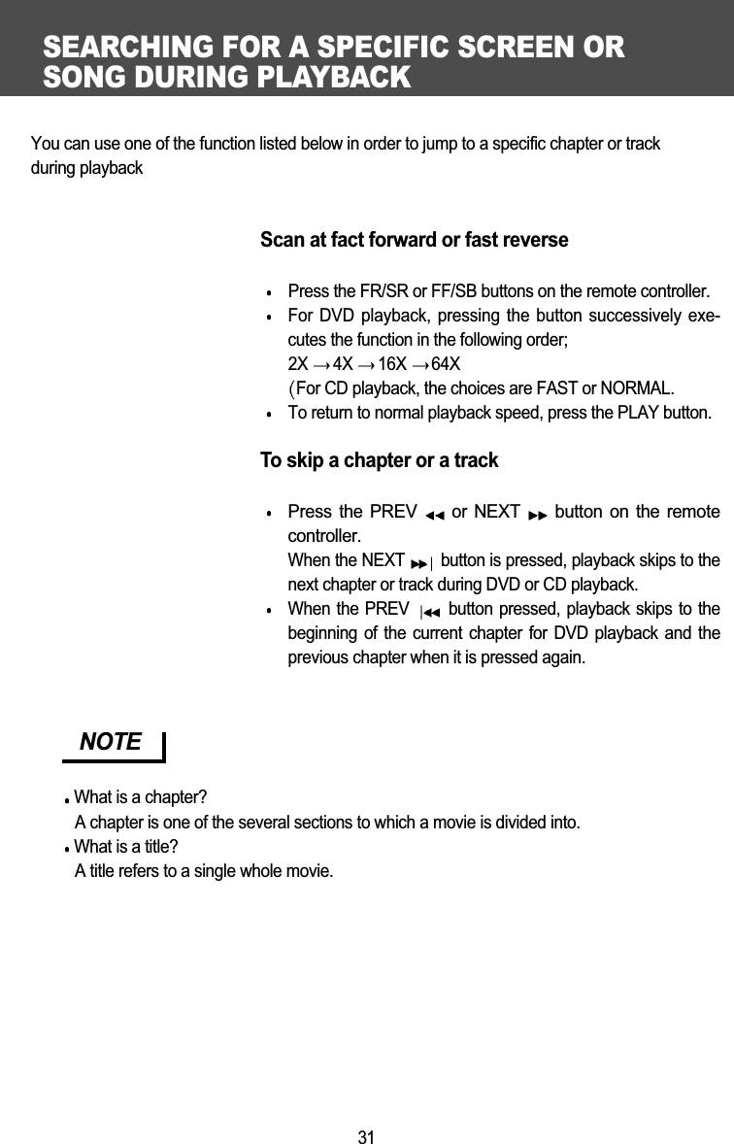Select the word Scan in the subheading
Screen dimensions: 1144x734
281,240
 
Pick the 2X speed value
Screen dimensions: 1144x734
298,364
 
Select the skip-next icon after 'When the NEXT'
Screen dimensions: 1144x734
422,562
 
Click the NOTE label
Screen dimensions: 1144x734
111,742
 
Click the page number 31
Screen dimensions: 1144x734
366,1137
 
